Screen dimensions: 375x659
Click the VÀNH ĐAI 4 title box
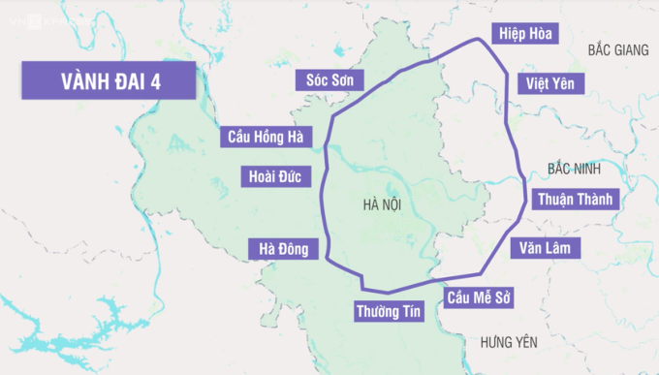coord(108,81)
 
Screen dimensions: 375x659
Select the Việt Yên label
coord(550,83)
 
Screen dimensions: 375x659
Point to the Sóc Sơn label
coord(329,80)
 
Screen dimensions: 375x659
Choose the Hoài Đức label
coord(274,176)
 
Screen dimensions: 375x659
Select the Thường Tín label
coord(388,312)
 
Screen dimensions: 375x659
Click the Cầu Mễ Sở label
coord(478,297)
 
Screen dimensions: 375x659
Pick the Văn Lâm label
coord(547,248)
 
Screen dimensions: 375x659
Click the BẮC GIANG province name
coord(617,48)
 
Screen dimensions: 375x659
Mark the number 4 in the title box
coord(156,81)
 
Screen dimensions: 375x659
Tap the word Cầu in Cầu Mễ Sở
coord(457,297)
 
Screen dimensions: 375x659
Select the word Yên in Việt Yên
coord(562,83)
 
